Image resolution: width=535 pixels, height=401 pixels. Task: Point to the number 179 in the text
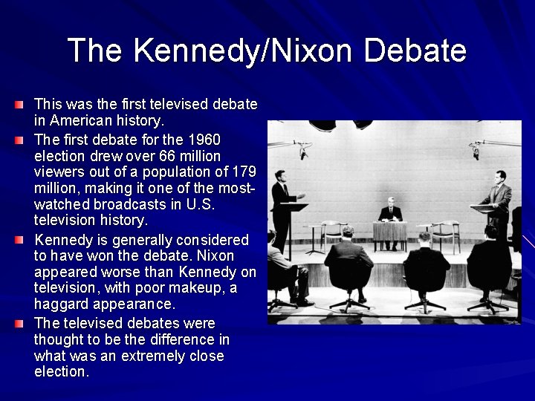click(x=242, y=172)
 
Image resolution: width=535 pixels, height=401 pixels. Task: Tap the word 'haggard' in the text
click(x=61, y=304)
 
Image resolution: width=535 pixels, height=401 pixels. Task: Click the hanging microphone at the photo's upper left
click(x=302, y=152)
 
